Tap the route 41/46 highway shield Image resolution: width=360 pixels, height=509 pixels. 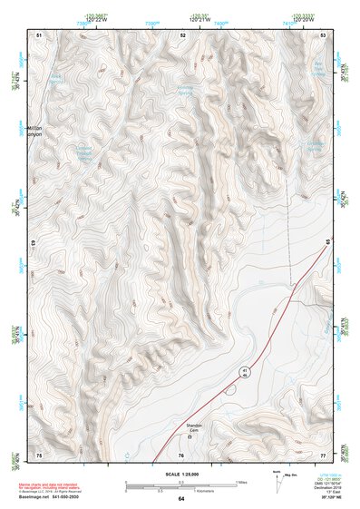(x=245, y=373)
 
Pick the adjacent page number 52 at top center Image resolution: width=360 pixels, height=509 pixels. (x=183, y=34)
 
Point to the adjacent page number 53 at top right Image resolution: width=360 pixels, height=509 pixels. (x=324, y=34)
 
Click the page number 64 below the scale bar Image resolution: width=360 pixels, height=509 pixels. (x=181, y=499)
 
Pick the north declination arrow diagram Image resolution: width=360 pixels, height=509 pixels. (x=277, y=478)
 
